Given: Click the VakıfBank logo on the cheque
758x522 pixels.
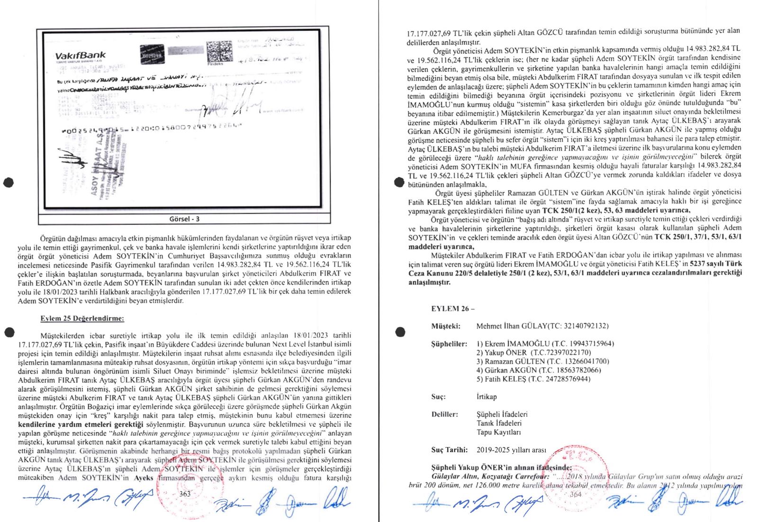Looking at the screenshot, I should point(80,56).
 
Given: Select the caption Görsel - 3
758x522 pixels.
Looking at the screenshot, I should point(184,219).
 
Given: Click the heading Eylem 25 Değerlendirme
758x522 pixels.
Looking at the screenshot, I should point(82,319).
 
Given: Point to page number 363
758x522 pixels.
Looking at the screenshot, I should point(185,494).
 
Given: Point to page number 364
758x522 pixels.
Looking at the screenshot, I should point(575,494).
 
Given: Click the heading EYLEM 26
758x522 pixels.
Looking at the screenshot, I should point(452,309).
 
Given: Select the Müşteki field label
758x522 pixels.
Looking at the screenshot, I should point(445,326).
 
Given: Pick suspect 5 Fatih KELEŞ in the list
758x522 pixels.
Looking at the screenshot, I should point(533,379).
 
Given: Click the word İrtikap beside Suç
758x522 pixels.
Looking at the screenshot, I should point(487,397).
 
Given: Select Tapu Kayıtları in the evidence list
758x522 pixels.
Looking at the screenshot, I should point(498,432).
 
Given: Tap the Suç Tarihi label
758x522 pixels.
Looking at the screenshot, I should point(449,450).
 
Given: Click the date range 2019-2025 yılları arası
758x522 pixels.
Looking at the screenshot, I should point(511,450).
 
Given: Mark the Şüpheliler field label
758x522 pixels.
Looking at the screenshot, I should point(449,344).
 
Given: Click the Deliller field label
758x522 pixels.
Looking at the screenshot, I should point(444,414).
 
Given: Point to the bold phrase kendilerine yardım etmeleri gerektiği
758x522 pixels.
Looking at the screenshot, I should point(80,424).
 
